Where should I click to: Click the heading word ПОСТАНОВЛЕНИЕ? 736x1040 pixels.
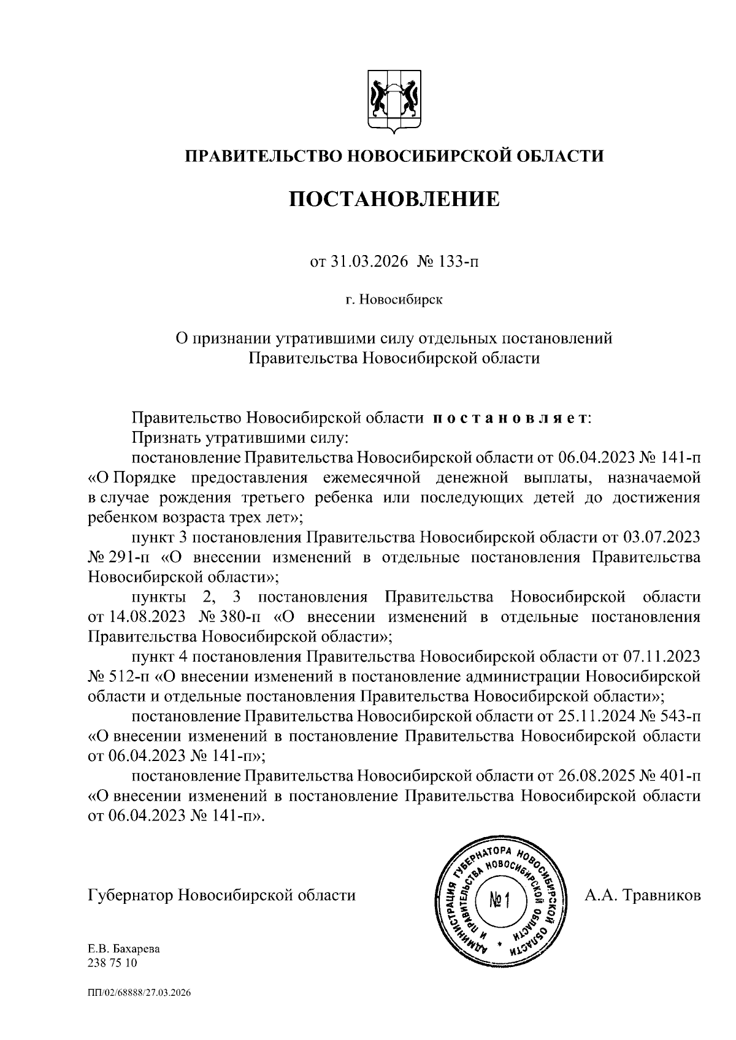point(394,199)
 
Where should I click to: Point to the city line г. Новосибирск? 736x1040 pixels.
point(393,300)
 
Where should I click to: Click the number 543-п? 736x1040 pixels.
point(680,716)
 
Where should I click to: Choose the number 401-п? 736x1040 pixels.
point(680,775)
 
